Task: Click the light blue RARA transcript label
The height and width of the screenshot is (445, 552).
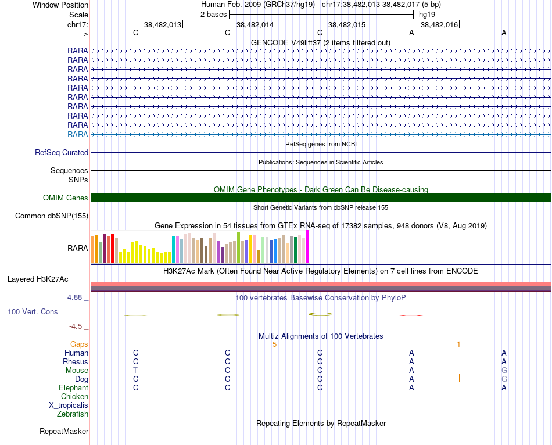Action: pos(78,134)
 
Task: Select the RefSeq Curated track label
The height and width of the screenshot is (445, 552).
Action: pos(62,153)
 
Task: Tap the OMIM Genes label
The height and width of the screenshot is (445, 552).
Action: pos(66,198)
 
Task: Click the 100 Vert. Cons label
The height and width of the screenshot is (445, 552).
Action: pos(33,312)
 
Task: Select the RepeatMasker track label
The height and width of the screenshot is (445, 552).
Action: pos(64,432)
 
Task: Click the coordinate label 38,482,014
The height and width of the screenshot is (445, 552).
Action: pos(255,24)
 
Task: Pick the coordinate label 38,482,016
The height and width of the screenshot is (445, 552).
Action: pos(439,24)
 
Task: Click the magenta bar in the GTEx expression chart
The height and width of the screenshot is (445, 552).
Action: pos(308,247)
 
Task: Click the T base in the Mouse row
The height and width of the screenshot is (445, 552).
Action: pos(135,371)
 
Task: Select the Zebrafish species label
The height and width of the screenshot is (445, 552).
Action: pos(73,414)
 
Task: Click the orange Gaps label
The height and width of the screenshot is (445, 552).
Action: pos(79,344)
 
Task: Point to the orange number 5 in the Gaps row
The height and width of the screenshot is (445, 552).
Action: pos(274,344)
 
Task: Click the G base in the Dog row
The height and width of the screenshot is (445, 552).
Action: pos(504,379)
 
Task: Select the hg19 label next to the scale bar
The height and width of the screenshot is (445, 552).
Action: pos(426,14)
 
